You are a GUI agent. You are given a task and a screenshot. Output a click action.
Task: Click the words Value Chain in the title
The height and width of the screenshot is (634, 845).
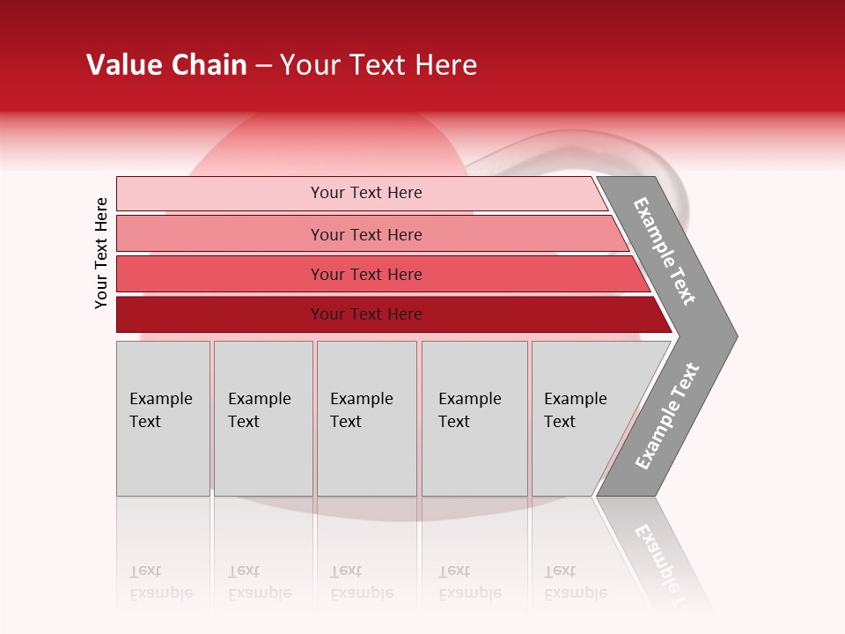point(166,65)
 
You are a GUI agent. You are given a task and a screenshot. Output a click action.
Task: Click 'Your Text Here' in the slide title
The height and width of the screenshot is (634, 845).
point(378,65)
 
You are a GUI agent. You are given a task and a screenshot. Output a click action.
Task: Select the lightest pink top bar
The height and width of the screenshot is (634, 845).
point(220,194)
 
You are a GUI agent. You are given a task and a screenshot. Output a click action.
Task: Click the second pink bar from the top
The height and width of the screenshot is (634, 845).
point(220,234)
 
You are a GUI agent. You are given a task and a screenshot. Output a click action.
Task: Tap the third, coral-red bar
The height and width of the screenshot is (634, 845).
point(220,274)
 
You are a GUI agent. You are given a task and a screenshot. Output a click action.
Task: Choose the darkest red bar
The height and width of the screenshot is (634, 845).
point(220,314)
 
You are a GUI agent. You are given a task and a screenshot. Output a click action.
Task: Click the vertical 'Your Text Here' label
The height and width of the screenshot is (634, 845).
point(101,253)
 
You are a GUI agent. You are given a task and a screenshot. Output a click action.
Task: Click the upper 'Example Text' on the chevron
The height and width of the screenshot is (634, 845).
point(665,251)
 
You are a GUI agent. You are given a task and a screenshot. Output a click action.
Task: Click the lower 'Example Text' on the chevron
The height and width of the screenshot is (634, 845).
point(667,417)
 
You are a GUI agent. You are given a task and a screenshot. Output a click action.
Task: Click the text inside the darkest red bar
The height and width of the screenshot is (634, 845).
point(366,314)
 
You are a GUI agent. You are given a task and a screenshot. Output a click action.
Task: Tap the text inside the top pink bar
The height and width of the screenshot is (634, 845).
point(366,193)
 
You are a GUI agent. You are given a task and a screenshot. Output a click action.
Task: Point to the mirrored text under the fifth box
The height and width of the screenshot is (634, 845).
point(576,582)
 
